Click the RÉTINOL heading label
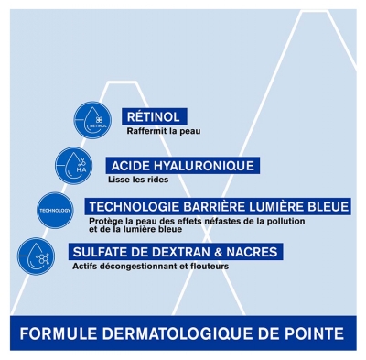coord(154,117)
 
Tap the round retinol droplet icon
coord(92,120)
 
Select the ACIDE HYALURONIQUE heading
coord(183,166)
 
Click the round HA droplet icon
coord(74,166)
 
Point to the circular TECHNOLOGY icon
coord(55,211)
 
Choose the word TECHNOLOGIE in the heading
coord(134,207)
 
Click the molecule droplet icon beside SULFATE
coord(37,256)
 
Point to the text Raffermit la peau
coord(164,131)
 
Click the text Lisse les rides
coord(138,180)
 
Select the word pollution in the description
coord(285,221)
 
